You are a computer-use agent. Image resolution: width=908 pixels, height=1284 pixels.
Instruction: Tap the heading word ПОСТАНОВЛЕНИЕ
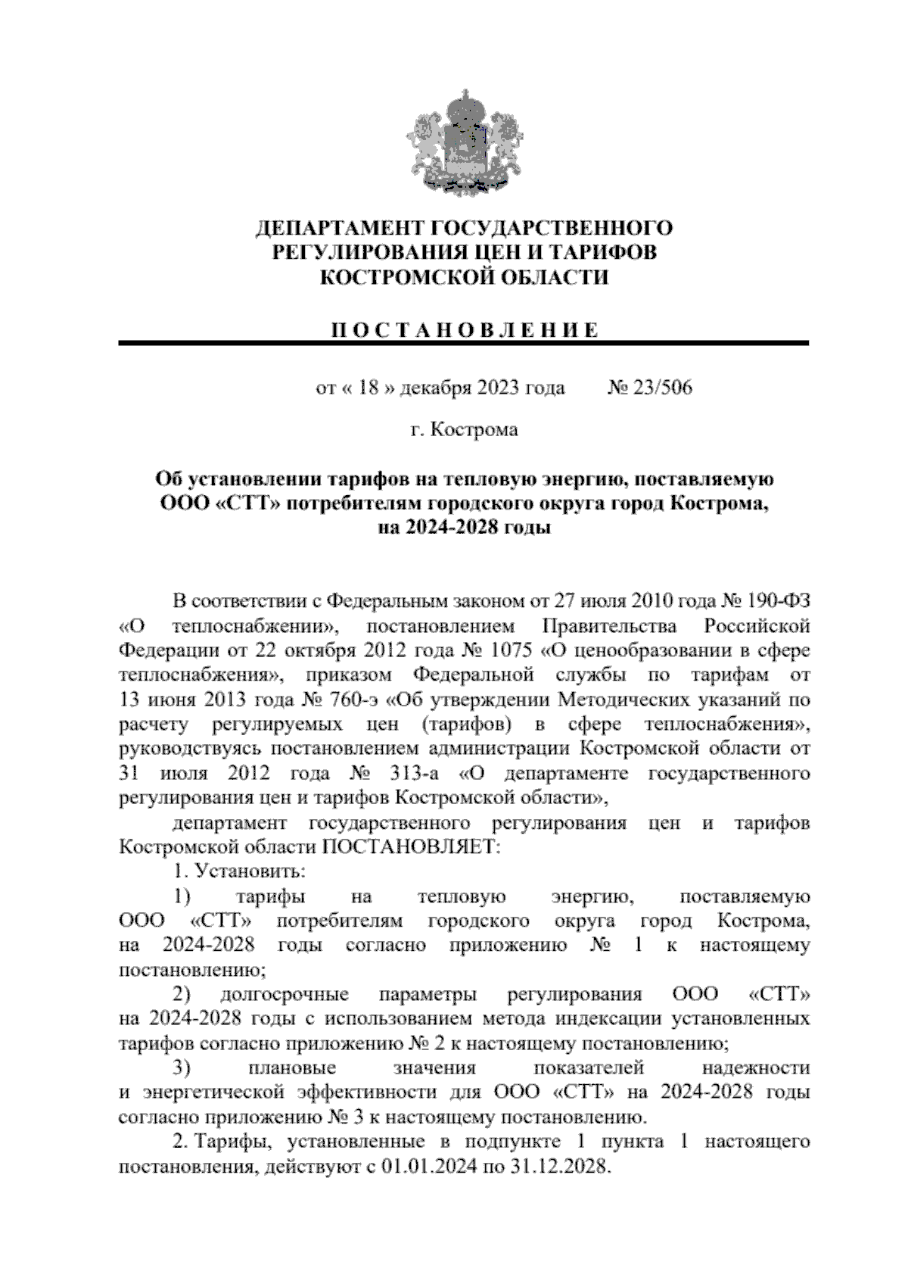[x=464, y=331]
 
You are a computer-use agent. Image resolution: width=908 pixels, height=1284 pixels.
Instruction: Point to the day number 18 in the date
[x=368, y=388]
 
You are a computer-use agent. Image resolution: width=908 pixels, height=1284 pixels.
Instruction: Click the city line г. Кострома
[x=464, y=430]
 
